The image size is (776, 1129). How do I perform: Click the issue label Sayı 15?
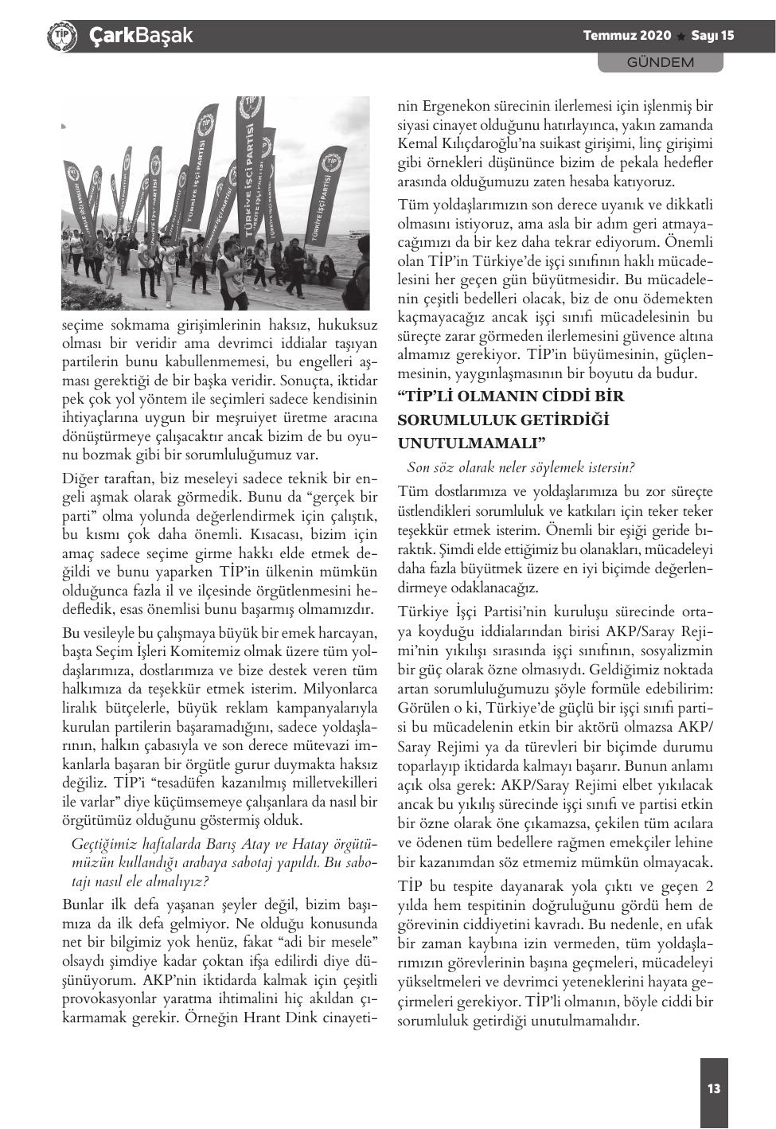point(712,36)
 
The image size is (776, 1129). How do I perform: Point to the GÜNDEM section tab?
point(661,62)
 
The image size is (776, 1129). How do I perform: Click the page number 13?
point(714,1088)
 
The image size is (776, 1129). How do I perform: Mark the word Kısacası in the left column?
point(278,533)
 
